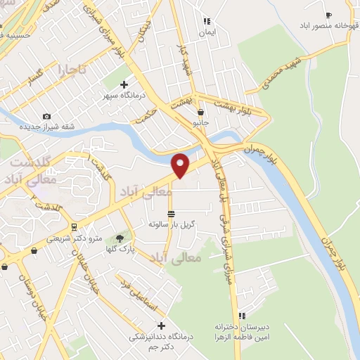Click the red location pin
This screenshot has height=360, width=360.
click(181, 165)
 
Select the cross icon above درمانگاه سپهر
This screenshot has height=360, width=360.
click(124, 85)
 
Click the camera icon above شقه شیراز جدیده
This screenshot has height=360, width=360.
click(46, 116)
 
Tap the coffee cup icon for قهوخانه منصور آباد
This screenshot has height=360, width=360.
click(328, 15)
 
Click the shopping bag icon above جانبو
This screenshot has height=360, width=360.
click(202, 112)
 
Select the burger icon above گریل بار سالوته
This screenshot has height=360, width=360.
click(171, 213)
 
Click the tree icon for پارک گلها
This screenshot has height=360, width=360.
click(119, 239)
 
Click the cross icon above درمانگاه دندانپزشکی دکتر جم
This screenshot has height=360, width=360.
click(162, 326)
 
